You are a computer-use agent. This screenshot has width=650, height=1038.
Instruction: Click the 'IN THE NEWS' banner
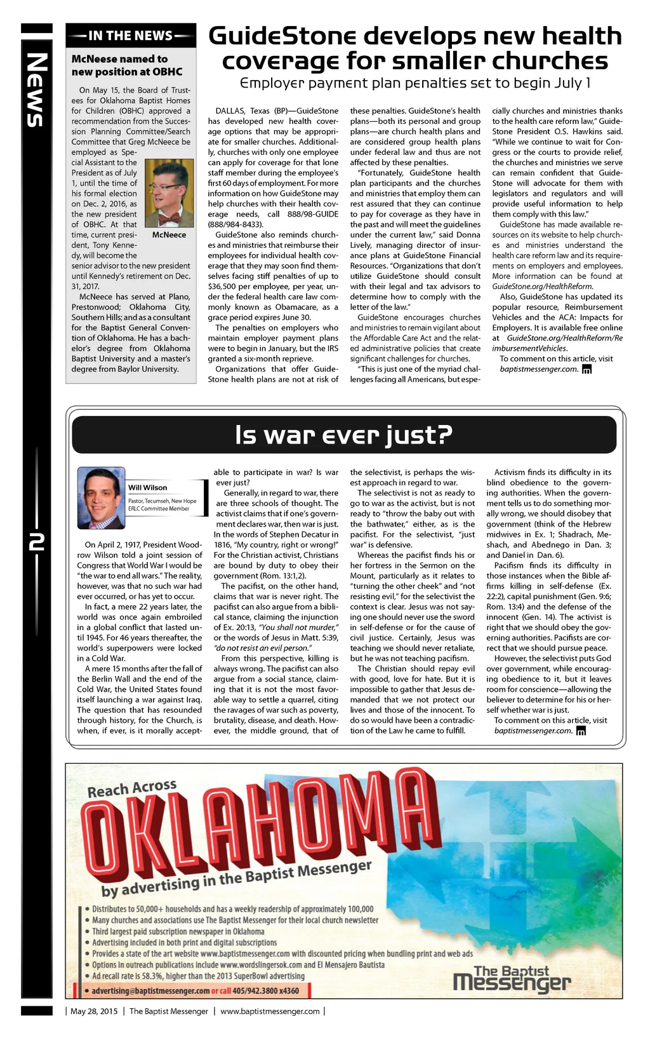130,36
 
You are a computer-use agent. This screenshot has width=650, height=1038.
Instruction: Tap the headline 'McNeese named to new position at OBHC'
127,65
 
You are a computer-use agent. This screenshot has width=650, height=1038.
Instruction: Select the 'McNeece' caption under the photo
169,235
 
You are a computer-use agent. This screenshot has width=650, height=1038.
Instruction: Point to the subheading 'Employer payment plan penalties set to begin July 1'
415,83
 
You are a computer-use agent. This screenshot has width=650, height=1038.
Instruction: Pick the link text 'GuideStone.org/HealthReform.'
542,286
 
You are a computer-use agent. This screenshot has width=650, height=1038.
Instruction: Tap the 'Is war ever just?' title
343,435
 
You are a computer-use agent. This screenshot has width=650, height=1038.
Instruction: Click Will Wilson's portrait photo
100,498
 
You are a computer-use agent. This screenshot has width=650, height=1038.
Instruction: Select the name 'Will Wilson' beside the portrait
147,488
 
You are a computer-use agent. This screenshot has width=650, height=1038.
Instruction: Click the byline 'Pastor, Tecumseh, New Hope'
162,501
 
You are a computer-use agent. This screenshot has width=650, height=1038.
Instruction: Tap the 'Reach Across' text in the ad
132,788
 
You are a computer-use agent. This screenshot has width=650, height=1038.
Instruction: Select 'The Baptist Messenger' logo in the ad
512,979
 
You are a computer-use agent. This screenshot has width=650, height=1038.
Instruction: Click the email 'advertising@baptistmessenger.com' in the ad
150,991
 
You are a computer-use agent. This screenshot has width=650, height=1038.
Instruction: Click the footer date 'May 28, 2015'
94,1011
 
